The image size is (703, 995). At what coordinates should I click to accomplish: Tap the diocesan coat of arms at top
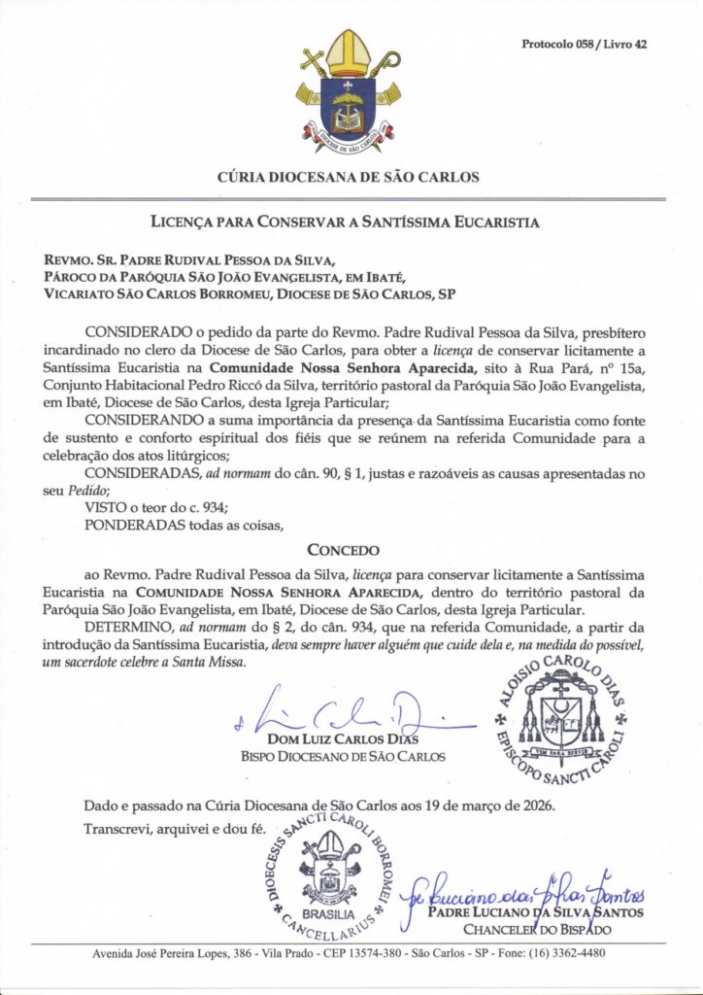coord(350,93)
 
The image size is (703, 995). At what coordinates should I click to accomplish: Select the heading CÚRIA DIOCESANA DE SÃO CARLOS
coord(351,178)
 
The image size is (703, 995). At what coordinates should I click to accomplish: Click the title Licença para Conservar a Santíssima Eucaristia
coord(351,222)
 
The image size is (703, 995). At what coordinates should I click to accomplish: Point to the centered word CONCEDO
coord(351,549)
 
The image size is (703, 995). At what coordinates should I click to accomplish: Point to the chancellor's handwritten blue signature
coord(529,887)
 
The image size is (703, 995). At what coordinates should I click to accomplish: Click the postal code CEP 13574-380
coord(354,953)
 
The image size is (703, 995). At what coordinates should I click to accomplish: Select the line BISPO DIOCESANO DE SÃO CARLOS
coord(343,756)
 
